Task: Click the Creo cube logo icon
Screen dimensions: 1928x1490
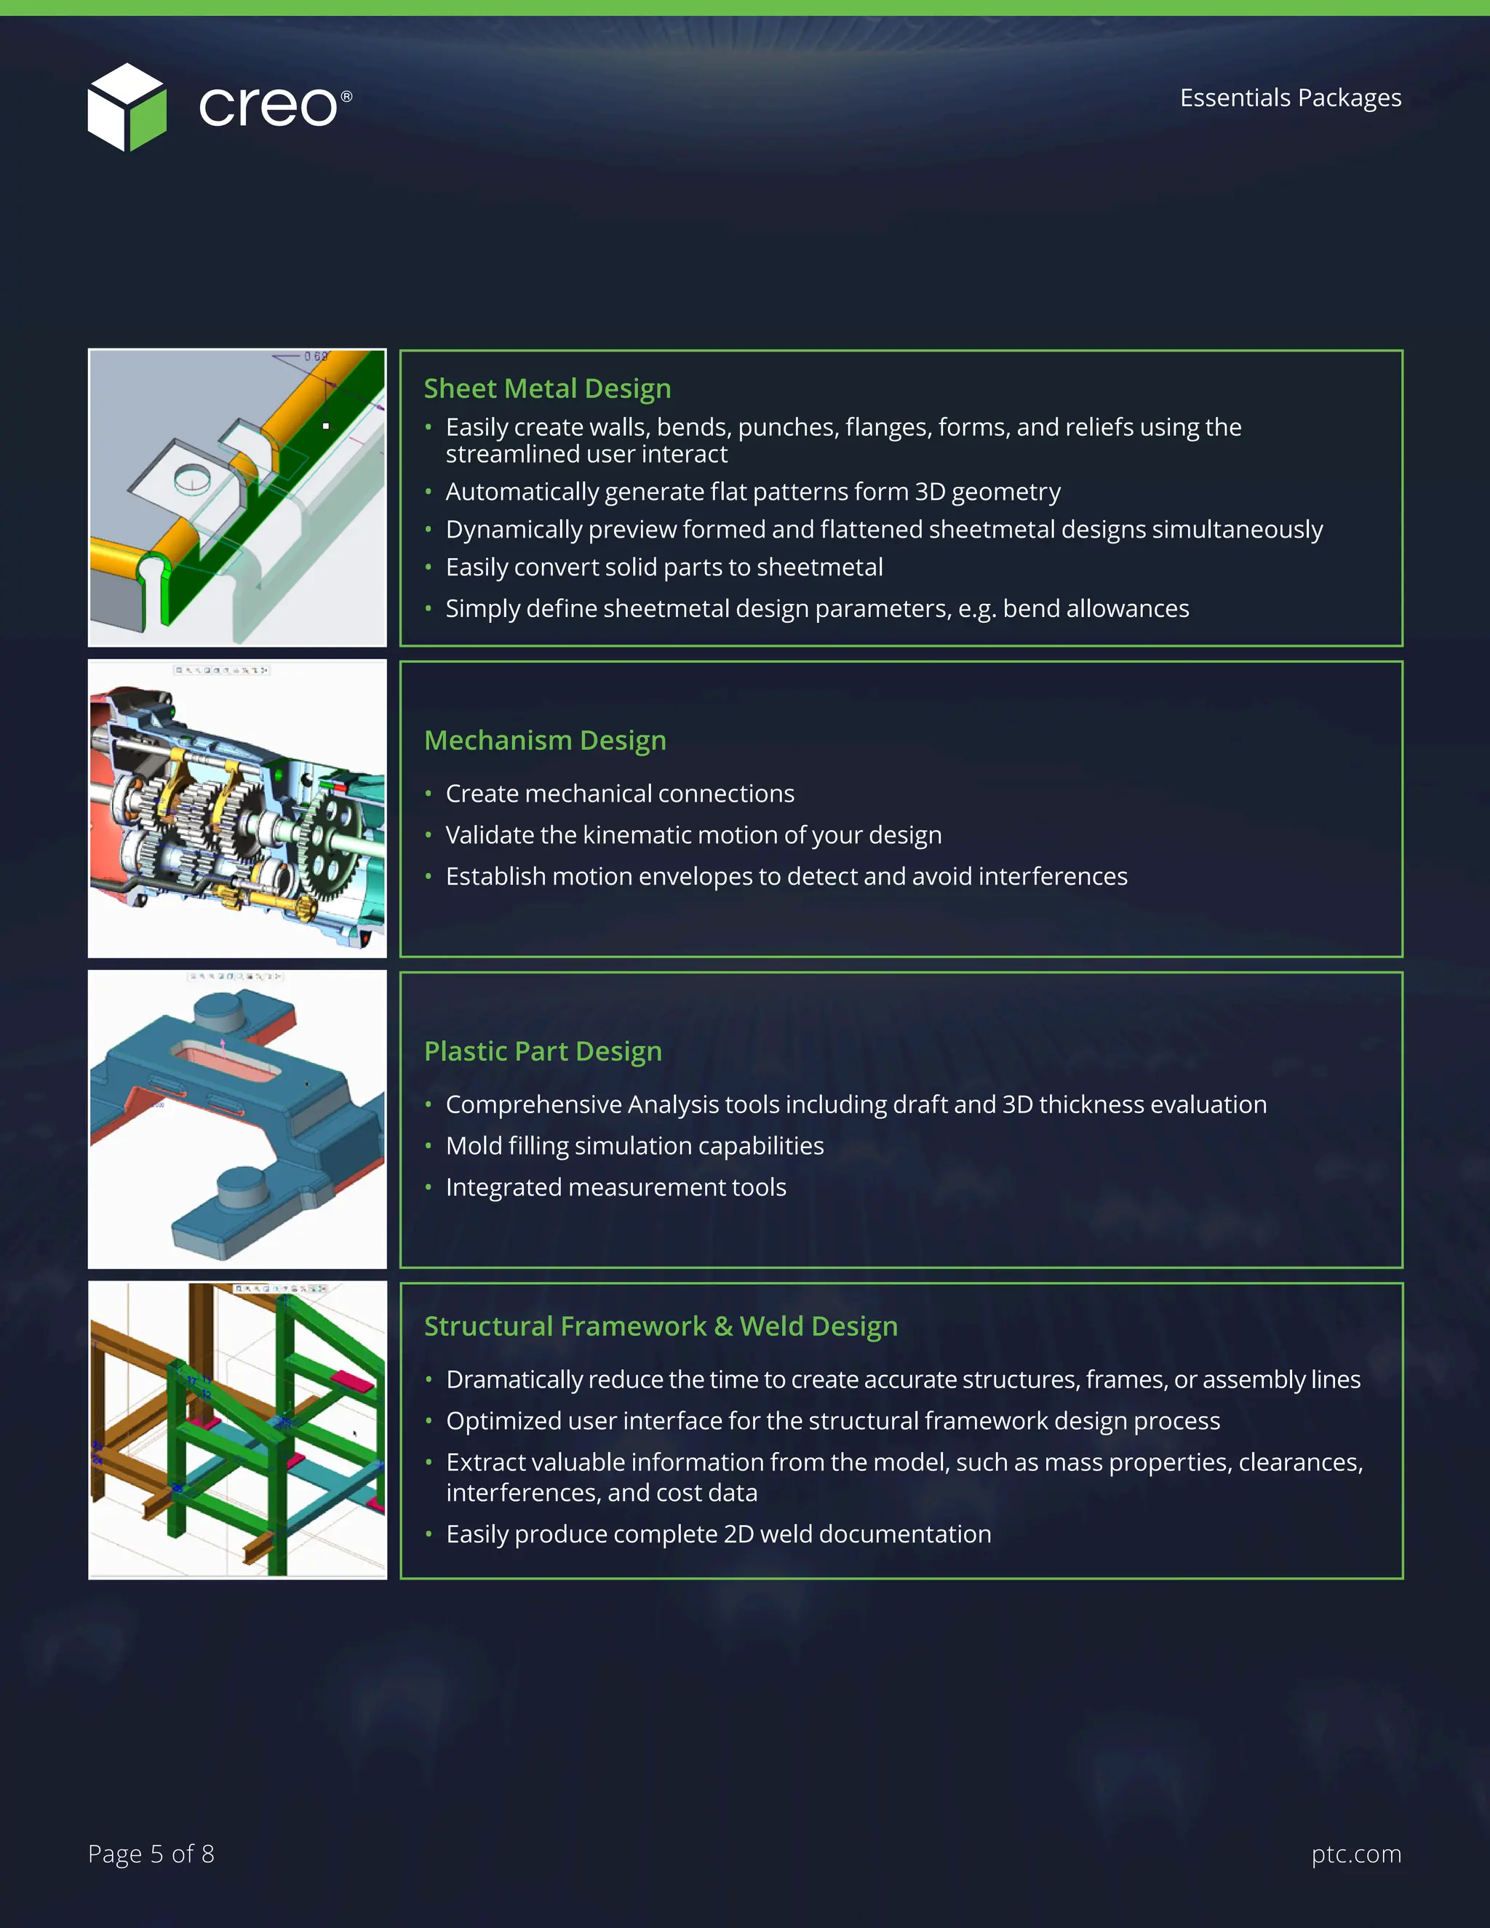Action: [x=126, y=107]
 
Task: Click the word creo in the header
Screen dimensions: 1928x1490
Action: [x=268, y=107]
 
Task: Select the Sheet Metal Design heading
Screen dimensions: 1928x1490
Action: [x=547, y=389]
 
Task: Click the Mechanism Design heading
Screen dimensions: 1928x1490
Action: [x=545, y=740]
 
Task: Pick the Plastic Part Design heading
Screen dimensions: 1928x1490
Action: [x=543, y=1051]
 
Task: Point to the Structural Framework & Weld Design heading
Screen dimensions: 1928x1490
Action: [x=661, y=1326]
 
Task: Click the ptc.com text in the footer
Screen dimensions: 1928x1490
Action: [x=1356, y=1853]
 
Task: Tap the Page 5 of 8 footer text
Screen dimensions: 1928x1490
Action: [x=151, y=1853]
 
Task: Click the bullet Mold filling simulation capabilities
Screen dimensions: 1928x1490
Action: [x=634, y=1146]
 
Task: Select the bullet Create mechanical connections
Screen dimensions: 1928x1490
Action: [x=620, y=794]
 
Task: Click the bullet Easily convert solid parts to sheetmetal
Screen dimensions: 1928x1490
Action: [x=664, y=567]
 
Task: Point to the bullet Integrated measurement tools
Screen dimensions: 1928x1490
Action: [x=615, y=1187]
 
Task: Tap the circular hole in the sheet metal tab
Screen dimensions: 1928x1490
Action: [x=192, y=479]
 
